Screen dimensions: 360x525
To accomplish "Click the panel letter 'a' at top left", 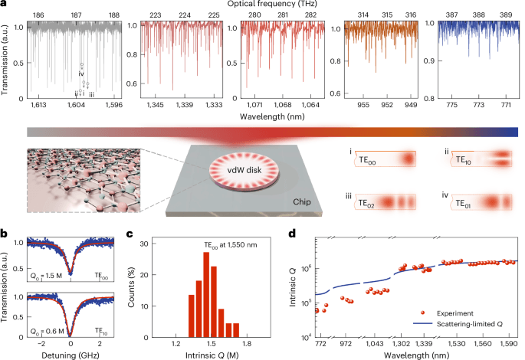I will pos(5,5).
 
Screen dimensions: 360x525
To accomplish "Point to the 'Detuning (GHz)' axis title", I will pos(71,358).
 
